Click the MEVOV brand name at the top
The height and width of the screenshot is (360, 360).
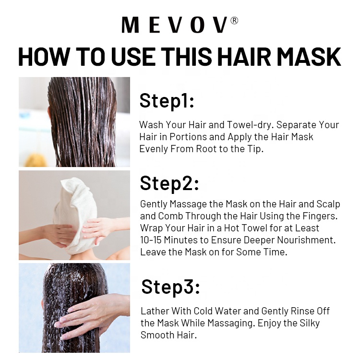175,25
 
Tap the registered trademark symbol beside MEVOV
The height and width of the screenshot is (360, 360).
234,21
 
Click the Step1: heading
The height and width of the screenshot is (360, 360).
167,101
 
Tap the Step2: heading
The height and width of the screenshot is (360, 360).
169,183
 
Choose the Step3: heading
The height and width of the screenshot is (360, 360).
170,287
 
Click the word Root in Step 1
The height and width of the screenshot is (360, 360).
206,149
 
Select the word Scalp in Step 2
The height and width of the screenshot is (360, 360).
328,204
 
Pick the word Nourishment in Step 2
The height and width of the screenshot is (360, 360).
306,240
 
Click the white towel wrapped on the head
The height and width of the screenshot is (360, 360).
76,214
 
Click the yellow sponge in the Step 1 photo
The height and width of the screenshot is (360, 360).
35,161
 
